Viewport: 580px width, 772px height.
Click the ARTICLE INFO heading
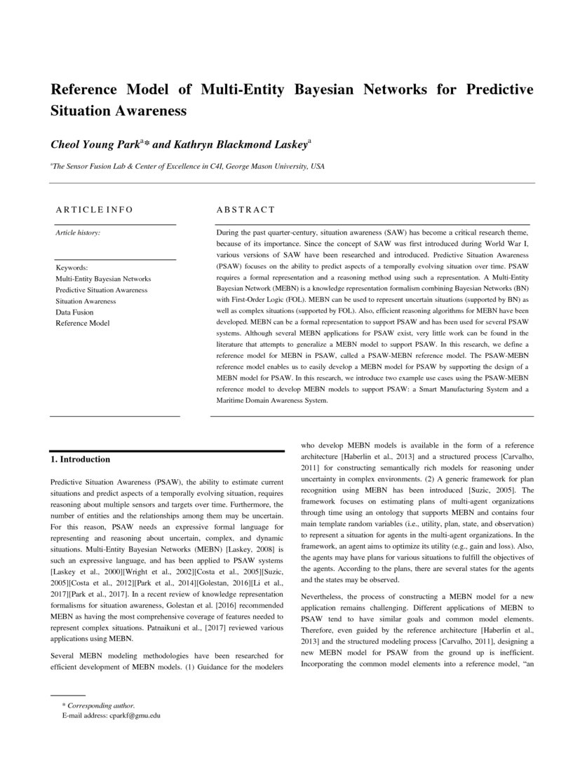[94, 209]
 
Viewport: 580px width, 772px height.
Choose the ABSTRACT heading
[245, 209]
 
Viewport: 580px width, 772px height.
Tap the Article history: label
[78, 232]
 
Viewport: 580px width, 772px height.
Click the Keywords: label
[72, 268]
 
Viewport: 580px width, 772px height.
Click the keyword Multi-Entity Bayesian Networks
[103, 279]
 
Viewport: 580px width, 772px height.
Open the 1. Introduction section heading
[81, 460]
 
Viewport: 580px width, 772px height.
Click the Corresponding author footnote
[99, 705]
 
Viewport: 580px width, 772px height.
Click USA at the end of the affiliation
[318, 167]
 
